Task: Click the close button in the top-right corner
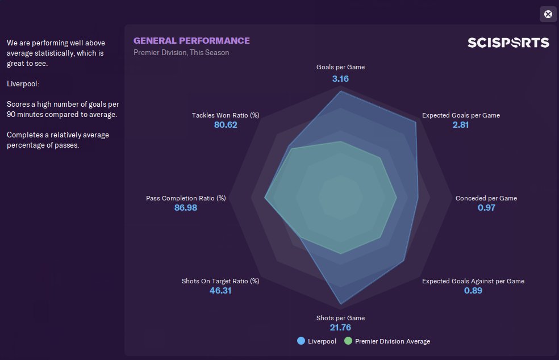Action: pyautogui.click(x=548, y=15)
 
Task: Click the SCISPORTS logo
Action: pyautogui.click(x=508, y=43)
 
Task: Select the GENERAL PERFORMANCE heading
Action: pyautogui.click(x=191, y=41)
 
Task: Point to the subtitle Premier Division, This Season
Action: pyautogui.click(x=181, y=53)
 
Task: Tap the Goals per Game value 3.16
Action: pyautogui.click(x=340, y=78)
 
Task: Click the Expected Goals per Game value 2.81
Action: pyautogui.click(x=461, y=125)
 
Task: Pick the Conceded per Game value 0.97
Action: pyautogui.click(x=486, y=208)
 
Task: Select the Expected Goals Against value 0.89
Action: pyautogui.click(x=473, y=291)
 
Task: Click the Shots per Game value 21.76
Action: pyautogui.click(x=340, y=328)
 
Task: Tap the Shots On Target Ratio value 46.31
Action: pyautogui.click(x=220, y=291)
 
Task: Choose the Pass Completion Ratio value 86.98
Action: pyautogui.click(x=186, y=208)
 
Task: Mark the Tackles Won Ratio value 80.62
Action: pyautogui.click(x=226, y=125)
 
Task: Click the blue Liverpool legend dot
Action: pyautogui.click(x=301, y=341)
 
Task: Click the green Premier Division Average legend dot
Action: pyautogui.click(x=348, y=341)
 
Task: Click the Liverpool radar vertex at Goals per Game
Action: pyautogui.click(x=340, y=91)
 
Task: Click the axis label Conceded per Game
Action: pyautogui.click(x=486, y=198)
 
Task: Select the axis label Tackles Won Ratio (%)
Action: pyautogui.click(x=226, y=115)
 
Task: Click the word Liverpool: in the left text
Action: pyautogui.click(x=23, y=84)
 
